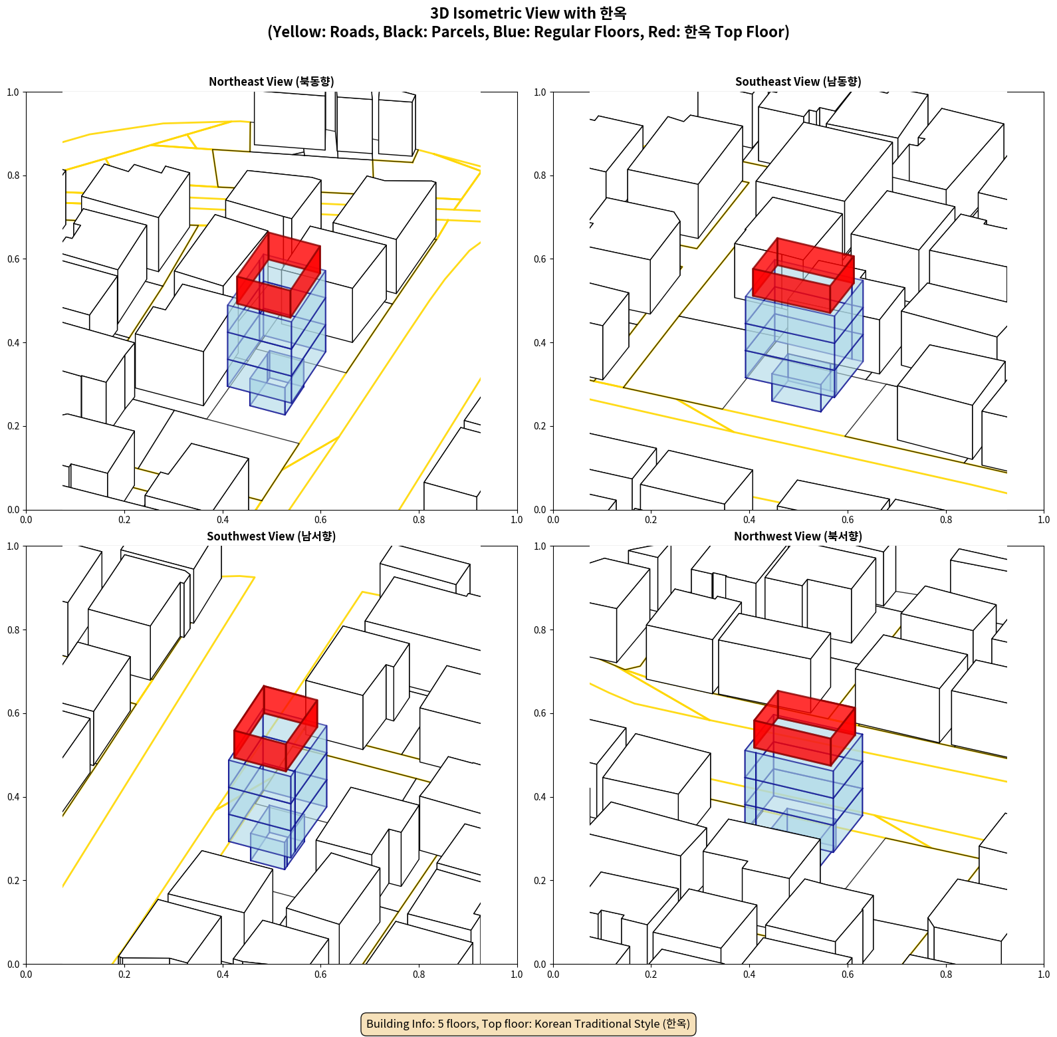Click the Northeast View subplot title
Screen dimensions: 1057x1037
click(x=271, y=82)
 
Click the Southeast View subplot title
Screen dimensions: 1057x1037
click(x=798, y=82)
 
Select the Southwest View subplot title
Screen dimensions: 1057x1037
click(x=271, y=536)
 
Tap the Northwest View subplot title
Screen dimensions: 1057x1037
click(x=798, y=536)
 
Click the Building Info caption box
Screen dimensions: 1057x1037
click(x=528, y=1024)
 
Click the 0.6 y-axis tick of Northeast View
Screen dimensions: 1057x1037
click(x=13, y=259)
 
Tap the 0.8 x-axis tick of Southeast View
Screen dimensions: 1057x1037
click(x=946, y=520)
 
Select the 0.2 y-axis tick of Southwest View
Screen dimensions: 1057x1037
click(x=13, y=881)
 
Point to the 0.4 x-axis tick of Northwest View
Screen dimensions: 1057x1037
click(x=749, y=975)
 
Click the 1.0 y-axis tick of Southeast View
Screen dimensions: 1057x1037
click(x=540, y=92)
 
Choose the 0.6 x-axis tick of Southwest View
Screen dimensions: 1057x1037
click(x=320, y=975)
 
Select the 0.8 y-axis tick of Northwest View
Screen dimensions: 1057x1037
click(x=540, y=630)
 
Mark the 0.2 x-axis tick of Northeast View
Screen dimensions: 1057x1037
click(x=124, y=520)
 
